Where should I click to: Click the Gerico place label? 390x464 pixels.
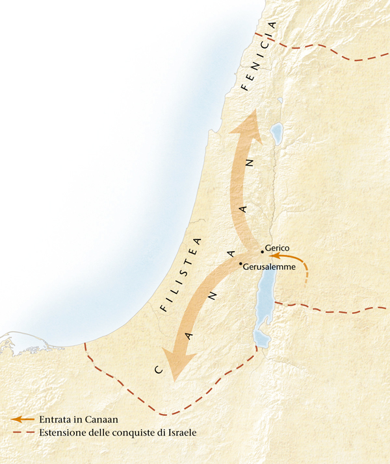tap(278, 248)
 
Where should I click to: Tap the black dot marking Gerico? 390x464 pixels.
tap(262, 251)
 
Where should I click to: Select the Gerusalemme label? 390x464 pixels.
tap(270, 267)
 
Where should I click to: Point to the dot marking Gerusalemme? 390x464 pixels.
tap(241, 263)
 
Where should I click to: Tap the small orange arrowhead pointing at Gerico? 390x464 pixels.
tap(274, 258)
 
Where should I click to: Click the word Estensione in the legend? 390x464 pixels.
tap(62, 432)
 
